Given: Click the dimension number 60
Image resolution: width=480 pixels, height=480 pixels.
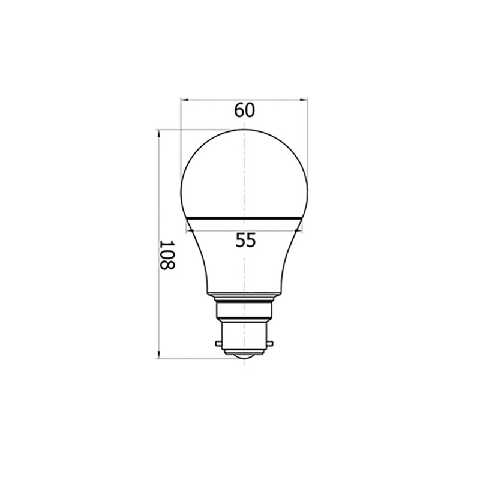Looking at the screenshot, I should (245, 110).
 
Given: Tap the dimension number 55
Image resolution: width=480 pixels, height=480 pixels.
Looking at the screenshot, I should (245, 240).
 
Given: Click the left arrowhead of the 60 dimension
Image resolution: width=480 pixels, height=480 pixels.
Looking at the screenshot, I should (184, 100).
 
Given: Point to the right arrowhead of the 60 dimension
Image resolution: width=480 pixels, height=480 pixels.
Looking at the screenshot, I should (305, 100).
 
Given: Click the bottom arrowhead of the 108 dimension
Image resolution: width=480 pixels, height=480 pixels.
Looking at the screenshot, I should (159, 355).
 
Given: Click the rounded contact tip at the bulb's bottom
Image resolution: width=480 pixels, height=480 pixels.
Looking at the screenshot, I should (244, 358).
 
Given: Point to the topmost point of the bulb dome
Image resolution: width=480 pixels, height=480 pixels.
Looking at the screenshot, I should (244, 130).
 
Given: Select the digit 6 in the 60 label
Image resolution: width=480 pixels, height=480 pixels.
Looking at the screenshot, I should (239, 110).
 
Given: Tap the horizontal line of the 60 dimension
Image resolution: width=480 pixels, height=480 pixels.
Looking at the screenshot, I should (270, 100).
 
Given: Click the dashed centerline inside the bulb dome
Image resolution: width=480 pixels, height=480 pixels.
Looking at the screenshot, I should (244, 174).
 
